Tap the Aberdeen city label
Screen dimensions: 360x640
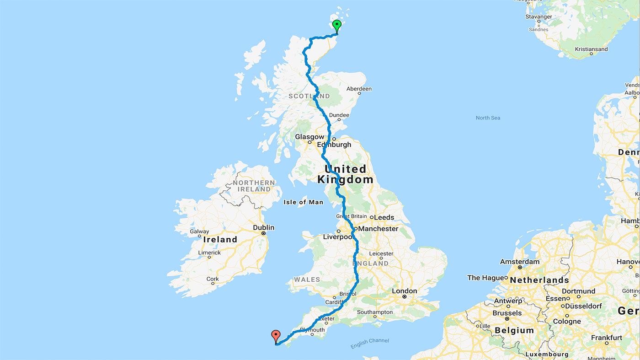click(x=359, y=89)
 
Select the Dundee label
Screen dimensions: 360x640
click(x=339, y=115)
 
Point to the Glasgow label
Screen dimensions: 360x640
click(x=309, y=137)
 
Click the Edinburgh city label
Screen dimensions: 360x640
click(x=334, y=145)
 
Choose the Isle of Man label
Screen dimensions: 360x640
click(x=303, y=202)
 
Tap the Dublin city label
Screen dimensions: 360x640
click(x=264, y=227)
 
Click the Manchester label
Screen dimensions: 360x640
click(x=378, y=229)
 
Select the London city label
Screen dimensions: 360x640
click(x=404, y=291)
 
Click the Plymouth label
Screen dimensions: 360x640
click(x=313, y=330)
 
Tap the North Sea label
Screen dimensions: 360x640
click(x=488, y=118)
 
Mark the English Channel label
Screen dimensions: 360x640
click(x=370, y=343)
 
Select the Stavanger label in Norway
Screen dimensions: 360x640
click(x=539, y=17)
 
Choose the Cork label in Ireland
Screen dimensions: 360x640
click(x=213, y=279)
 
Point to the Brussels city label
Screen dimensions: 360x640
click(x=507, y=313)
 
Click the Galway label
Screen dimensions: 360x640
click(x=199, y=231)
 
